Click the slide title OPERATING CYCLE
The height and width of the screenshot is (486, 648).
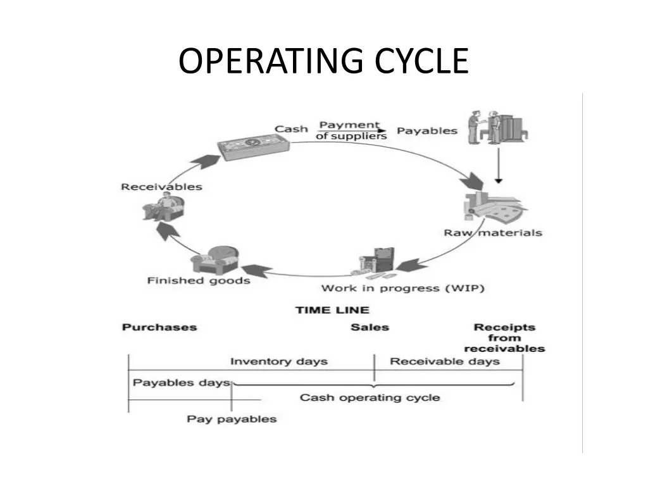point(323,61)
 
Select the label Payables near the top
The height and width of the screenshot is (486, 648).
point(427,131)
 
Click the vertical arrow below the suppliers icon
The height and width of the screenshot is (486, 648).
point(499,166)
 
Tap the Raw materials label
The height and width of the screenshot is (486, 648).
point(493,232)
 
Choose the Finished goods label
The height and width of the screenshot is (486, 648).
point(199,280)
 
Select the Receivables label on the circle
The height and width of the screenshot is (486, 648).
point(161,187)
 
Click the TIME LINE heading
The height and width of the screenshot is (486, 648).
point(332,310)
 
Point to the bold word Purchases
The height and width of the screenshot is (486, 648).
point(159,327)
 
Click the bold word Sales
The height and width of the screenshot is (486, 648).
point(370,327)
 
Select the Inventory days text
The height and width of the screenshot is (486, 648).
point(278,361)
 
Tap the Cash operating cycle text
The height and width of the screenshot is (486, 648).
point(370,397)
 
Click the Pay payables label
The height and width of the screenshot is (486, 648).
point(232,418)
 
